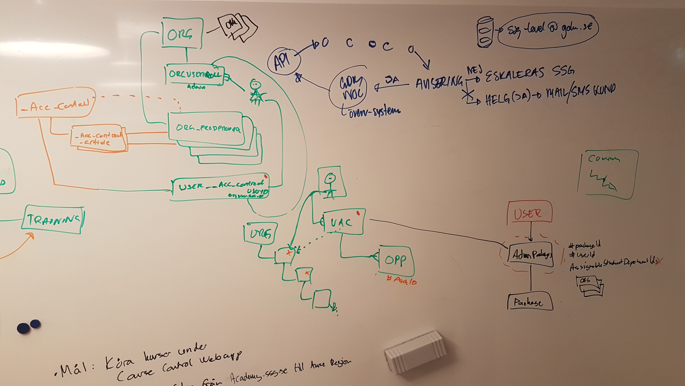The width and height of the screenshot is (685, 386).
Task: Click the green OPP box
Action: tap(396, 261)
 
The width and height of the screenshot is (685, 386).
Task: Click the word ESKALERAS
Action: tap(515, 73)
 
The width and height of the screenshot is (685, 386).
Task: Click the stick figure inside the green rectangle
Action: tap(331, 185)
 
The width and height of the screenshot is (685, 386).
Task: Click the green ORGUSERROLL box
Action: tap(195, 75)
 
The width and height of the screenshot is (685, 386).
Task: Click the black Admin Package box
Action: tap(531, 255)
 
